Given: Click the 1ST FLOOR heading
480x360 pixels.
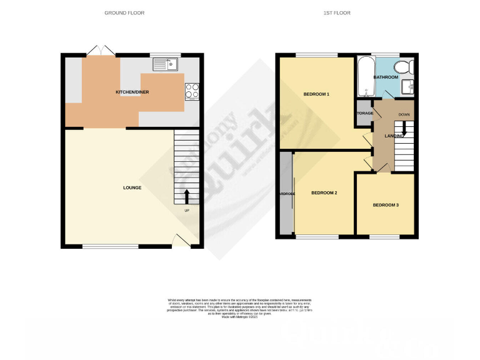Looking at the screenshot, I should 347,12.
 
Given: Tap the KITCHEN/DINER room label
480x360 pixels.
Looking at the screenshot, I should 132,92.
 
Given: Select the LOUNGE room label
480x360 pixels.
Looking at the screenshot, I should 132,187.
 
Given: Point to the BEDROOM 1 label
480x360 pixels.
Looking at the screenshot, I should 316,94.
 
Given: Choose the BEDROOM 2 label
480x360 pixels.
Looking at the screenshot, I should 324,193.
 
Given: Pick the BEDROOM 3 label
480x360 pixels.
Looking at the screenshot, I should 386,205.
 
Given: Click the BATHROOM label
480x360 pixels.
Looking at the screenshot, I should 386,77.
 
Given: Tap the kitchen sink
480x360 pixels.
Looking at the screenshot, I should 166,63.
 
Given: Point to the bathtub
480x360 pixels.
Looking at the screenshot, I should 364,76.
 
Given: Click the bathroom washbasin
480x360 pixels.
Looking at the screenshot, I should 409,87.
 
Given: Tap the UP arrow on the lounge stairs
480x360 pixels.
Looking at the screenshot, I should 186,196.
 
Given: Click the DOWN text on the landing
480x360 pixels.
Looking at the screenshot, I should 404,114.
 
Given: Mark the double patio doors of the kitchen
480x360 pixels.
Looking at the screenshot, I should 96,51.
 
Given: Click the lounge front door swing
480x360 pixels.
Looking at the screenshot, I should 181,239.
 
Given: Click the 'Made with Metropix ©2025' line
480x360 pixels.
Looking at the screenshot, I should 240,317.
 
